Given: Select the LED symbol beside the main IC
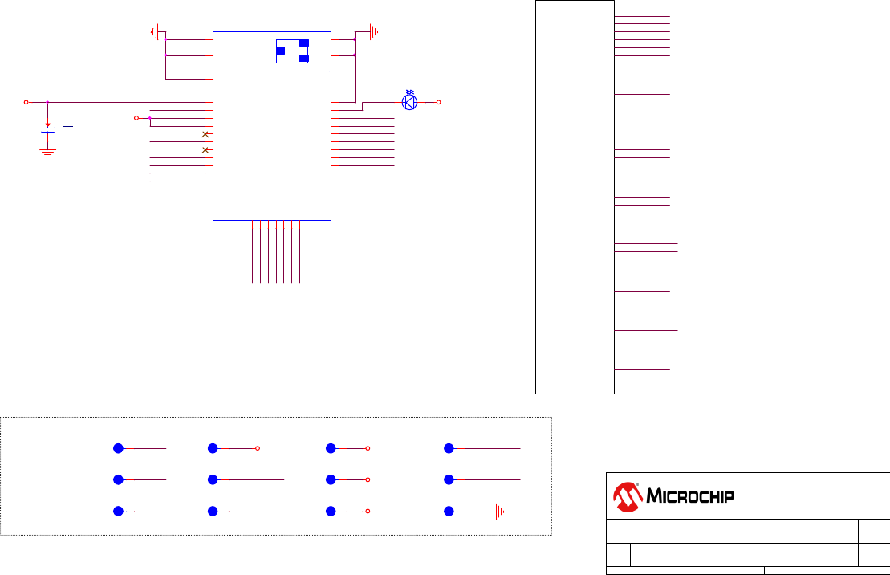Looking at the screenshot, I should tap(410, 101).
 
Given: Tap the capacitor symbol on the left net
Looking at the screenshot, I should tap(48, 131).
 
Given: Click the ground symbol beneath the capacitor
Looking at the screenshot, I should tap(48, 151).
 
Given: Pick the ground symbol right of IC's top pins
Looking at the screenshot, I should tap(372, 32).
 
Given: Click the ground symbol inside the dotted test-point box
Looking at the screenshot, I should tap(499, 511).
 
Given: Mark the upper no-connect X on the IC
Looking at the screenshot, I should tap(205, 134).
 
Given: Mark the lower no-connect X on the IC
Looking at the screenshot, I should tap(205, 150).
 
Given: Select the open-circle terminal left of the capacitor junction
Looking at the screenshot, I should tap(26, 102).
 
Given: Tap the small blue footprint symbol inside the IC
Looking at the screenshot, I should tap(292, 51).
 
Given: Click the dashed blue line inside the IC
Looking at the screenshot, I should tap(272, 71).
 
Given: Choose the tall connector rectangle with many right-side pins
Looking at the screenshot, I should tap(575, 197).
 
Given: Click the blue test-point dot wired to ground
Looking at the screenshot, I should tap(449, 511).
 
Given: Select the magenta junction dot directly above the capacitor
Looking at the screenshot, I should tap(48, 102).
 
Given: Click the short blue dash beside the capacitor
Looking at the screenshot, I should tap(68, 126).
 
